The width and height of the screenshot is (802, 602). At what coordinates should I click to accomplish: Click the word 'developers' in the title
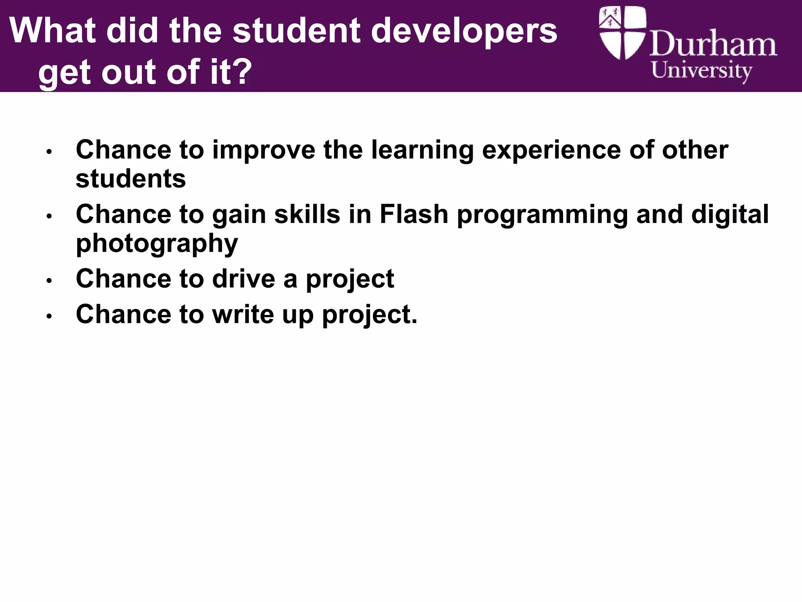tap(464, 31)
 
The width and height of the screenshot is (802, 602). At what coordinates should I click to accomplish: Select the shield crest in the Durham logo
tap(622, 33)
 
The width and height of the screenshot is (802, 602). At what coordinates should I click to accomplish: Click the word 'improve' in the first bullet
tap(264, 150)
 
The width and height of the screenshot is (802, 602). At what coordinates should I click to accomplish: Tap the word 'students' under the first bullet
tap(130, 179)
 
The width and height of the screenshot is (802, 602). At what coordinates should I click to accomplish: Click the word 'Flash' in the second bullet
tap(414, 214)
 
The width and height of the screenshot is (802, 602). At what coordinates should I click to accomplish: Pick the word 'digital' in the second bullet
tap(730, 215)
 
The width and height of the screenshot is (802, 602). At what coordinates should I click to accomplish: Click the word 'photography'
tap(157, 244)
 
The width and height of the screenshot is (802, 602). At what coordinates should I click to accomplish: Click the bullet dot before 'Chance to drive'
tap(49, 281)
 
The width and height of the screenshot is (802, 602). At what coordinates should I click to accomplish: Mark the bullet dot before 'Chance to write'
tap(49, 316)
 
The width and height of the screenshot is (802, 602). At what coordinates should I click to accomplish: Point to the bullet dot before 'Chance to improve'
tap(49, 152)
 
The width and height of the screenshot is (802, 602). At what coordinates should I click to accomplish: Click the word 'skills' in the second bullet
tap(307, 214)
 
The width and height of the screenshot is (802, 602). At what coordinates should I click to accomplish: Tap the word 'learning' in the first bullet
tap(422, 150)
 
